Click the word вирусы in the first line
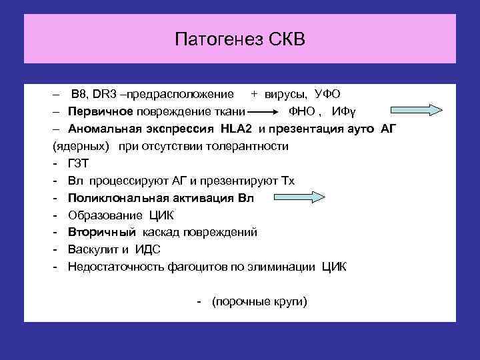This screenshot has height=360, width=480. point(287,94)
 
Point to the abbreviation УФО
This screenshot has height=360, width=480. point(327,94)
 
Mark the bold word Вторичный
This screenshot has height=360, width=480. point(102,232)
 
